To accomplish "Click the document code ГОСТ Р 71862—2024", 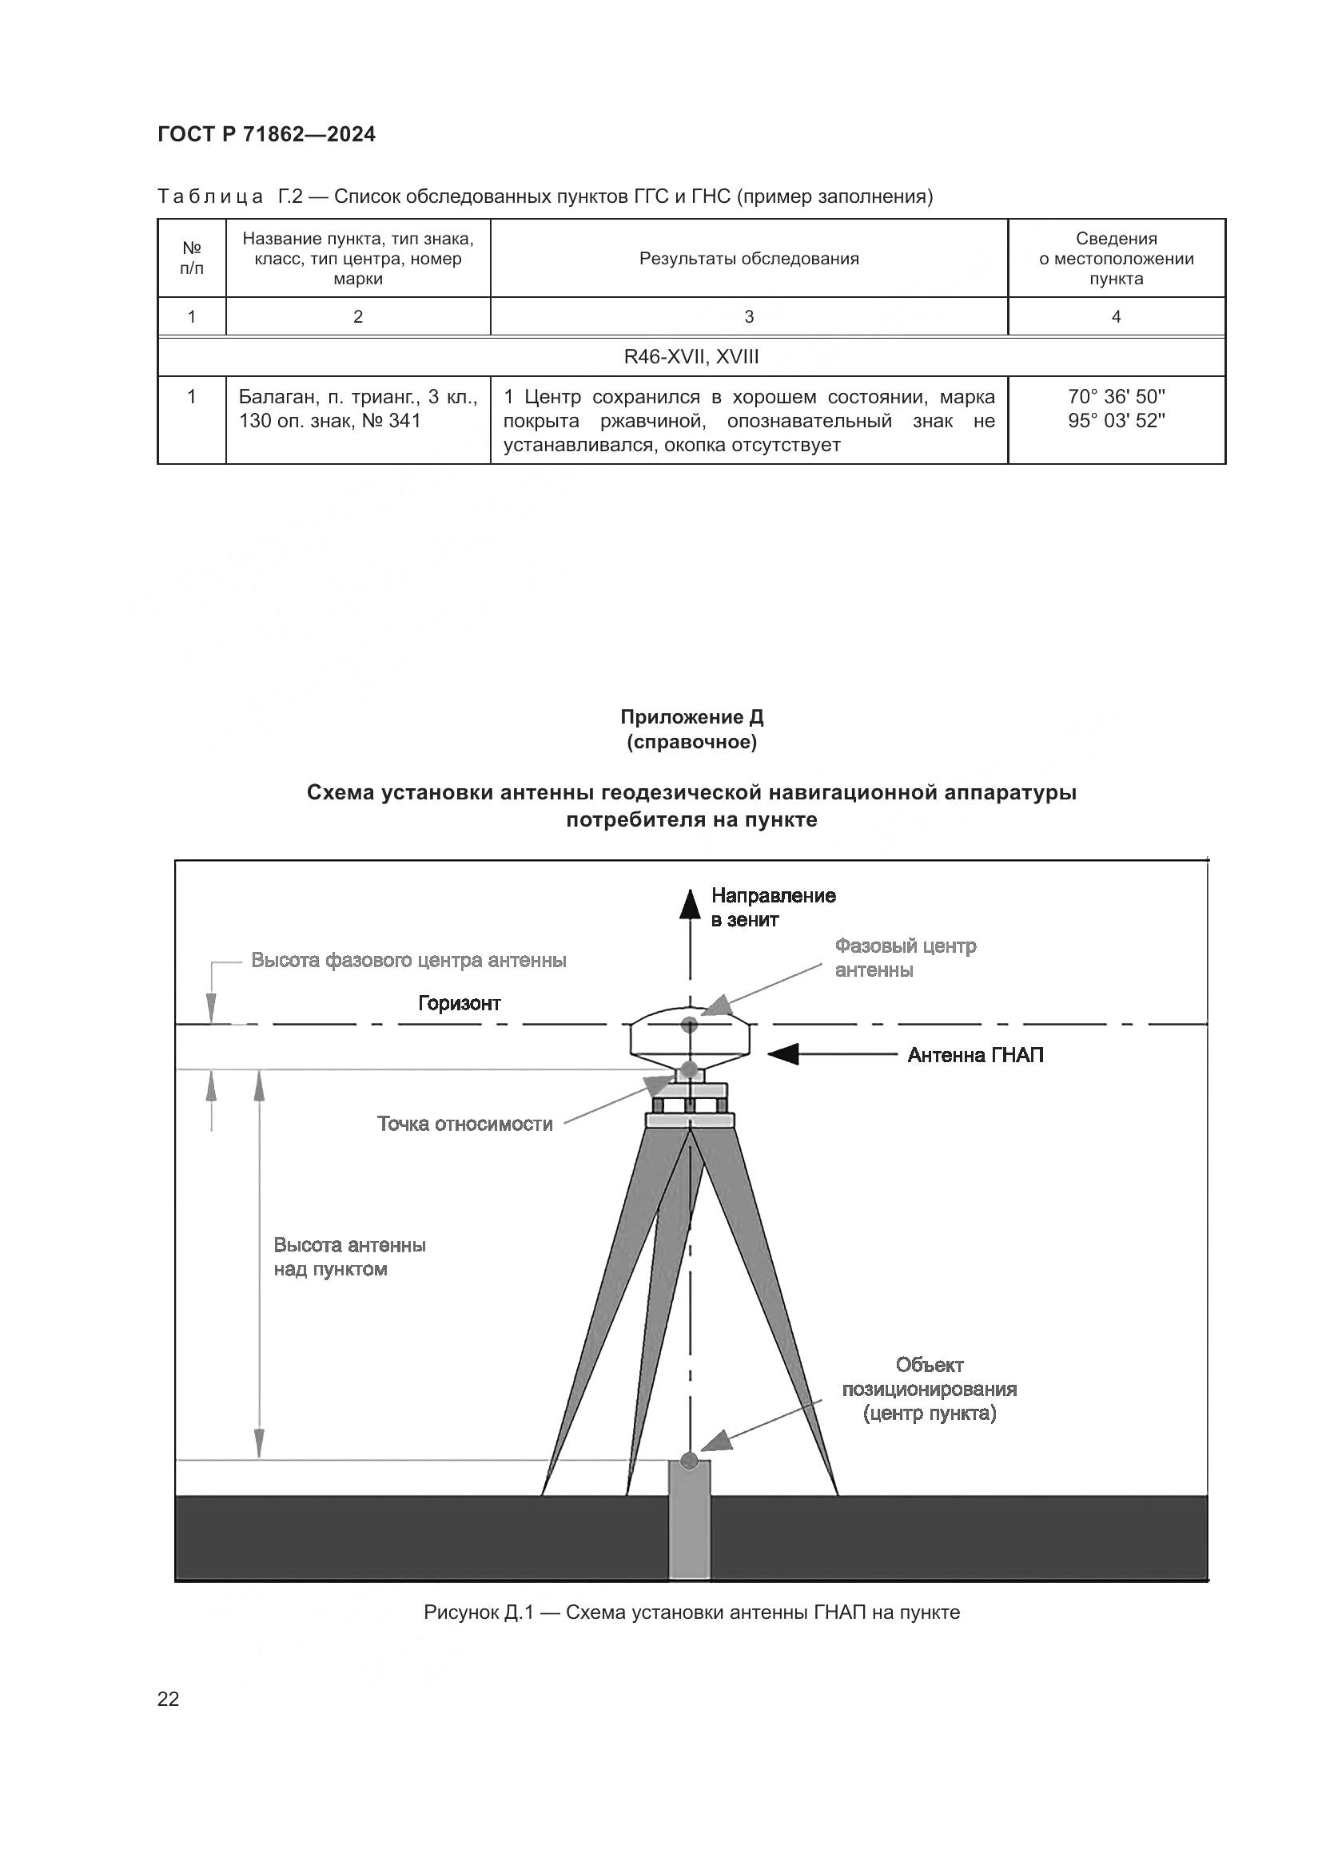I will coord(266,135).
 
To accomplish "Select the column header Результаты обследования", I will coord(748,259).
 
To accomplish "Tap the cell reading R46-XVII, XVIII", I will coord(691,356).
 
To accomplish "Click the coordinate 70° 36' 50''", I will coord(1116,397).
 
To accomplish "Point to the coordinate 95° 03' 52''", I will coord(1116,421).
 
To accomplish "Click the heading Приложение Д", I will coord(691,716).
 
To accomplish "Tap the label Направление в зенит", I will coord(773,907).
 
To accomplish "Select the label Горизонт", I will coord(459,1003).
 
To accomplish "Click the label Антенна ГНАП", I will coord(975,1055).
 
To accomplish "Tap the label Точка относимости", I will coord(464,1124).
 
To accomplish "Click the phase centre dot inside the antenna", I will coord(690,1024).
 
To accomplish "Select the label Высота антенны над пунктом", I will coord(349,1257).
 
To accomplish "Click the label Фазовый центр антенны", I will coord(905,958).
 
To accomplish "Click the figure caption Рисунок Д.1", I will coord(691,1612).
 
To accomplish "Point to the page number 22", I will coord(169,1699).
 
